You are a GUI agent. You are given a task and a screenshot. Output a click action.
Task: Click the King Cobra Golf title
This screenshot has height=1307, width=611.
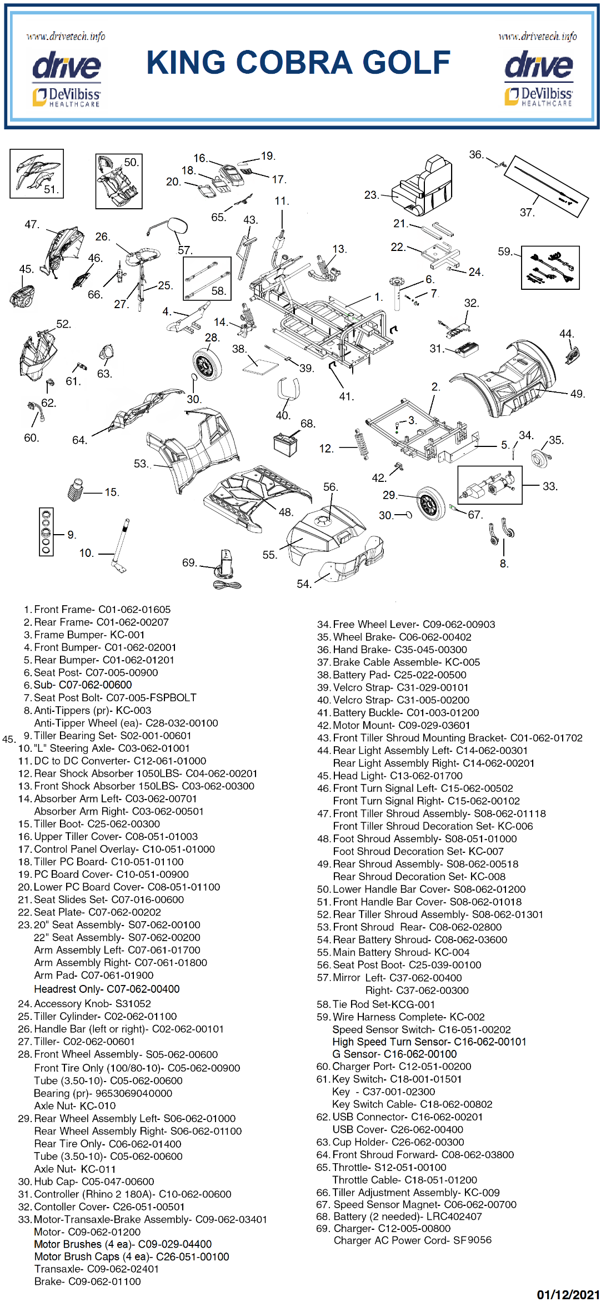(298, 62)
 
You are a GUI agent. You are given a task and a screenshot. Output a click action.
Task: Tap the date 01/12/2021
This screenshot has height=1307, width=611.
(568, 1295)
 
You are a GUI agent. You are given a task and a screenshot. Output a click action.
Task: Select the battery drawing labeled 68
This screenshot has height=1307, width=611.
(286, 443)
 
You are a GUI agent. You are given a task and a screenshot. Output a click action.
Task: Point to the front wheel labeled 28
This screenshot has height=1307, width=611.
(207, 365)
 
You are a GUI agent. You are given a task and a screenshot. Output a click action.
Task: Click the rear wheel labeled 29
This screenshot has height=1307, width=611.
(431, 503)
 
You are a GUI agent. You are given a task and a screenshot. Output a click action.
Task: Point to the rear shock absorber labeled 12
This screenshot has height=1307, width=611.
(362, 444)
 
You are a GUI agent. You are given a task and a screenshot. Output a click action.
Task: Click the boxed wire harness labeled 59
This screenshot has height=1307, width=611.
(550, 268)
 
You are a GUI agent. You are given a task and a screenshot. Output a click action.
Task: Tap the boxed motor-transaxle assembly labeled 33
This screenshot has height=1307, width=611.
(489, 485)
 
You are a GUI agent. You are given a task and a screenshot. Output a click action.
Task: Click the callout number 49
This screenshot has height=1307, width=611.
(577, 394)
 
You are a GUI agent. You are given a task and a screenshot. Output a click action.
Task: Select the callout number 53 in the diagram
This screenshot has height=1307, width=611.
(141, 464)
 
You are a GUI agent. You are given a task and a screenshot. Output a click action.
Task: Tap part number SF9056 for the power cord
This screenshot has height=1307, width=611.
(472, 1240)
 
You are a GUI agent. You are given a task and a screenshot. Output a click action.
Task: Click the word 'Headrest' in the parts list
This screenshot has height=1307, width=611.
(54, 989)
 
